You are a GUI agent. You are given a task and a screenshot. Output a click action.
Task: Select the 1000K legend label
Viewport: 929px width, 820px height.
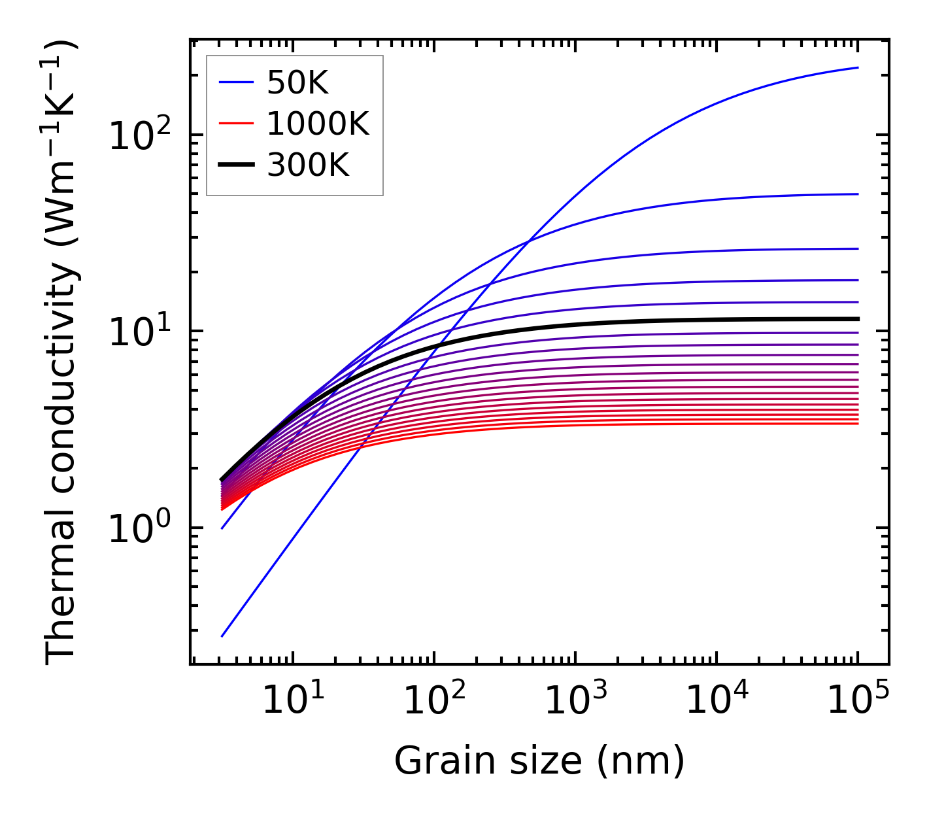(318, 124)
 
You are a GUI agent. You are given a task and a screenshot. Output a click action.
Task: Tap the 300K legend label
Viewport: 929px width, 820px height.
(308, 165)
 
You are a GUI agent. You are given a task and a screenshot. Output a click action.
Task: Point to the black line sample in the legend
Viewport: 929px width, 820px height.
(235, 165)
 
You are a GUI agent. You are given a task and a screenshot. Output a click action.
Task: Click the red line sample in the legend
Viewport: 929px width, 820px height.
(235, 124)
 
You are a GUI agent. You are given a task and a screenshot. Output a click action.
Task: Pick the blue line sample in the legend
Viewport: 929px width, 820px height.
(235, 82)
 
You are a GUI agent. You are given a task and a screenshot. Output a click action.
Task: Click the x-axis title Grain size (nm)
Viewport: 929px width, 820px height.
(539, 761)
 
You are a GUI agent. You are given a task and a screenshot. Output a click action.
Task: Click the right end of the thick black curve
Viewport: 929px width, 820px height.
(858, 319)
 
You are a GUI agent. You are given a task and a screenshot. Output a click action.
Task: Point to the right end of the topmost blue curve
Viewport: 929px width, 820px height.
(858, 67)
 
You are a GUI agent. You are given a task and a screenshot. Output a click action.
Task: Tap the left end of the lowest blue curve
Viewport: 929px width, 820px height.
(222, 636)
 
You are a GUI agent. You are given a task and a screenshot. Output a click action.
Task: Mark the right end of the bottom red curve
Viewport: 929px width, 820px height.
(858, 424)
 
